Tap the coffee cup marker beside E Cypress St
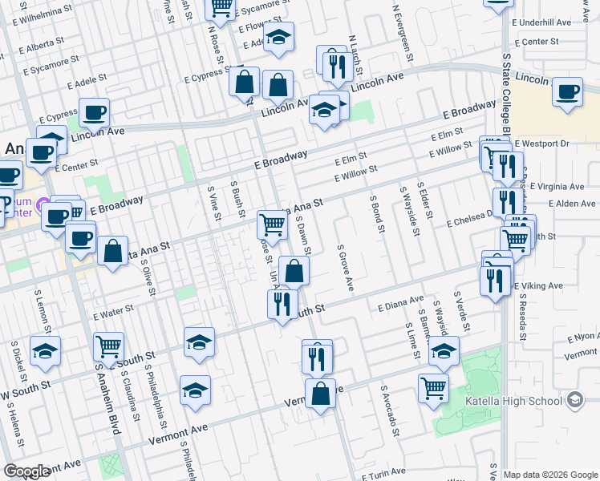(x=94, y=114)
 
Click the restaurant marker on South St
(x=282, y=305)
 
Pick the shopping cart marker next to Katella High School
(x=433, y=388)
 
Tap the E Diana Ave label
(x=399, y=303)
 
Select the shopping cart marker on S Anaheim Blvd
(x=108, y=347)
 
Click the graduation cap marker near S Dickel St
(x=46, y=351)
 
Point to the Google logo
(x=26, y=471)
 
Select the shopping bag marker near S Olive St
(x=113, y=252)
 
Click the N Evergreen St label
(x=402, y=32)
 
